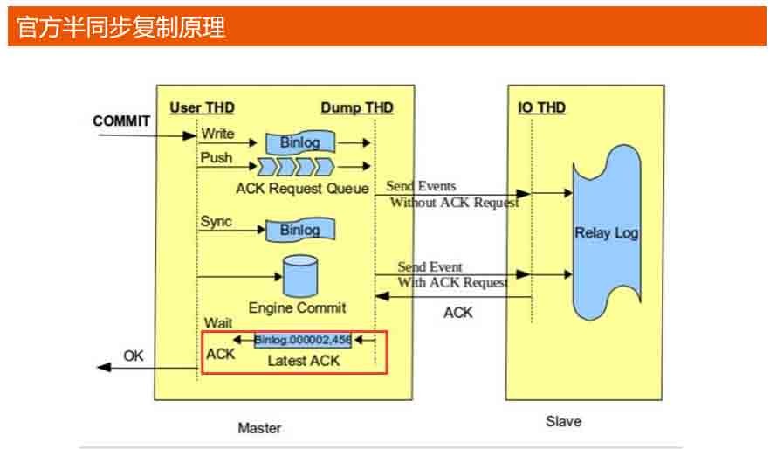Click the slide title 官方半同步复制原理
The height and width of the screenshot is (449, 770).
tap(121, 27)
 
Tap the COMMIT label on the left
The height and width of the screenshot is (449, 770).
tap(121, 121)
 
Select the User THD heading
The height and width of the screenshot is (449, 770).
tap(202, 107)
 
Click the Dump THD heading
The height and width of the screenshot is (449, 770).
tap(357, 107)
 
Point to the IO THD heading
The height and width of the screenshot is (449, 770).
tap(541, 107)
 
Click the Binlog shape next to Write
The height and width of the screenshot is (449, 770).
tap(299, 142)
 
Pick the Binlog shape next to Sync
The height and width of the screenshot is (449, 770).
tap(299, 230)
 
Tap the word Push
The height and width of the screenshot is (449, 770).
tap(216, 157)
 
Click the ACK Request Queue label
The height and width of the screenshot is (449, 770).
tap(303, 188)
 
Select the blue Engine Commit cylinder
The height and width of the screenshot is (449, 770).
tap(301, 275)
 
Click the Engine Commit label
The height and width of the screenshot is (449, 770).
tap(297, 307)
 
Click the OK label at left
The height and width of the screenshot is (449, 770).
tap(133, 356)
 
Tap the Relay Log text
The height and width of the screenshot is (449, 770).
tap(607, 233)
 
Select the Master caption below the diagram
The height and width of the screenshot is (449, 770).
tap(259, 428)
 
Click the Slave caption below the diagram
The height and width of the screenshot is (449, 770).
tap(563, 421)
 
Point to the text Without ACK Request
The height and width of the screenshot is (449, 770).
tap(454, 203)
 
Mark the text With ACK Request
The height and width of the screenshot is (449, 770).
tap(452, 282)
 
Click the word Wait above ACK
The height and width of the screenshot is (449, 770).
tap(218, 323)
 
